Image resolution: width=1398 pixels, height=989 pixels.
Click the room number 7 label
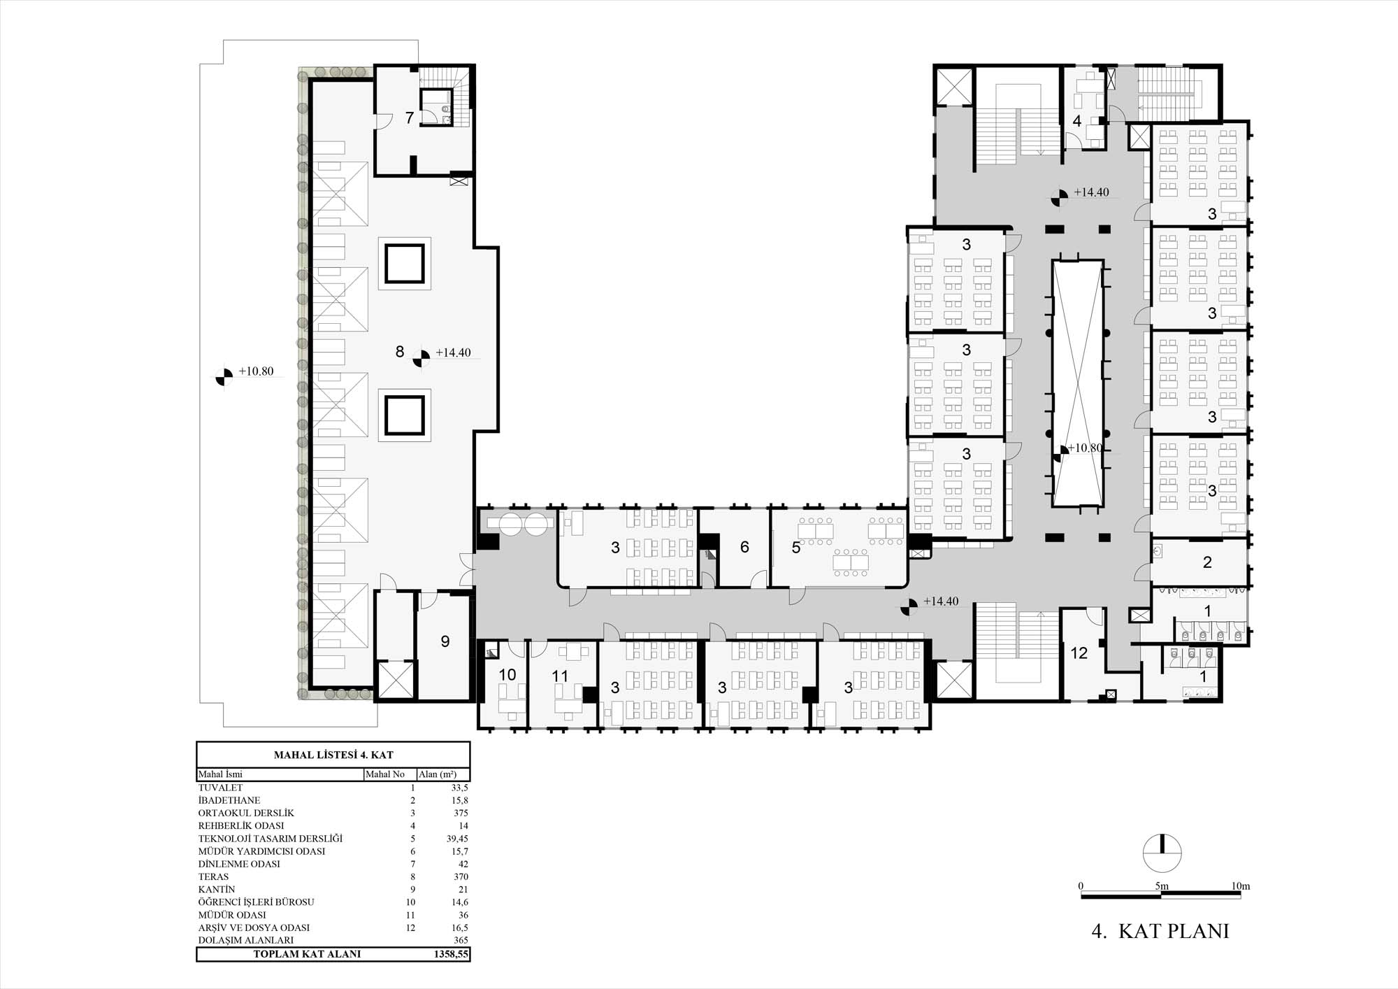coord(410,118)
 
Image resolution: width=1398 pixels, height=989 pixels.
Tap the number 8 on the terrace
coord(400,352)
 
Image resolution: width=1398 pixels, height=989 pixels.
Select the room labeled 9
coord(445,642)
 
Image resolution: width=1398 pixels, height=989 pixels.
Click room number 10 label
coord(507,675)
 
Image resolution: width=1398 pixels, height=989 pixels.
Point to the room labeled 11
coord(560,676)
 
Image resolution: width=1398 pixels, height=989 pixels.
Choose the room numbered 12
coord(1079,653)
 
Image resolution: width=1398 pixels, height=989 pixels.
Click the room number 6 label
coord(744,547)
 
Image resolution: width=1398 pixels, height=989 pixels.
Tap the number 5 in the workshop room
coord(796,548)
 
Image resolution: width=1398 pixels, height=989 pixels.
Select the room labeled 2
coord(1207,562)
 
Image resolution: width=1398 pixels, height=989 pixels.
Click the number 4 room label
coord(1077,121)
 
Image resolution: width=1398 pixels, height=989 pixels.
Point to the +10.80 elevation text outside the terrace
coord(256,371)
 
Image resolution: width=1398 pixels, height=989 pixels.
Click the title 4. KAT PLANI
coord(1160,931)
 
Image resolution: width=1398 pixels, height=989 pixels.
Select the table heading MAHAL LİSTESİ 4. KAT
coord(333,755)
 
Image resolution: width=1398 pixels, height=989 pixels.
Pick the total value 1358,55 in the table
coord(450,954)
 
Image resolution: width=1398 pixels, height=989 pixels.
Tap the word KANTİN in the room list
coord(217,890)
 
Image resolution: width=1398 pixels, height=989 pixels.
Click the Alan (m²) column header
coord(438,774)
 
